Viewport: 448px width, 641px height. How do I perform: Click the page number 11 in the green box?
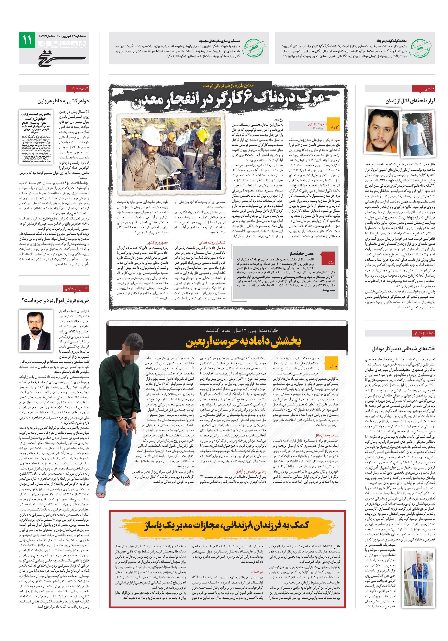(27, 40)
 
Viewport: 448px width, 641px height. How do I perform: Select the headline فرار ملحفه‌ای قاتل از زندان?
(410, 101)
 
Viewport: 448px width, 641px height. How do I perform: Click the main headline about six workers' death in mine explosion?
(227, 99)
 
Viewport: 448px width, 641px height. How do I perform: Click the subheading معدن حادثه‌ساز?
(301, 254)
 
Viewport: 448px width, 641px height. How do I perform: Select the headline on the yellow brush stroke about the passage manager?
(226, 525)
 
